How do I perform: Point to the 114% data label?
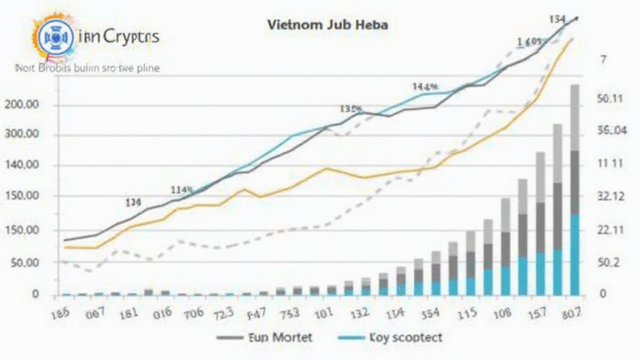(x=182, y=190)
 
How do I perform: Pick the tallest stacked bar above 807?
(x=575, y=192)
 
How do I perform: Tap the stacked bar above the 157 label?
(x=540, y=225)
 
